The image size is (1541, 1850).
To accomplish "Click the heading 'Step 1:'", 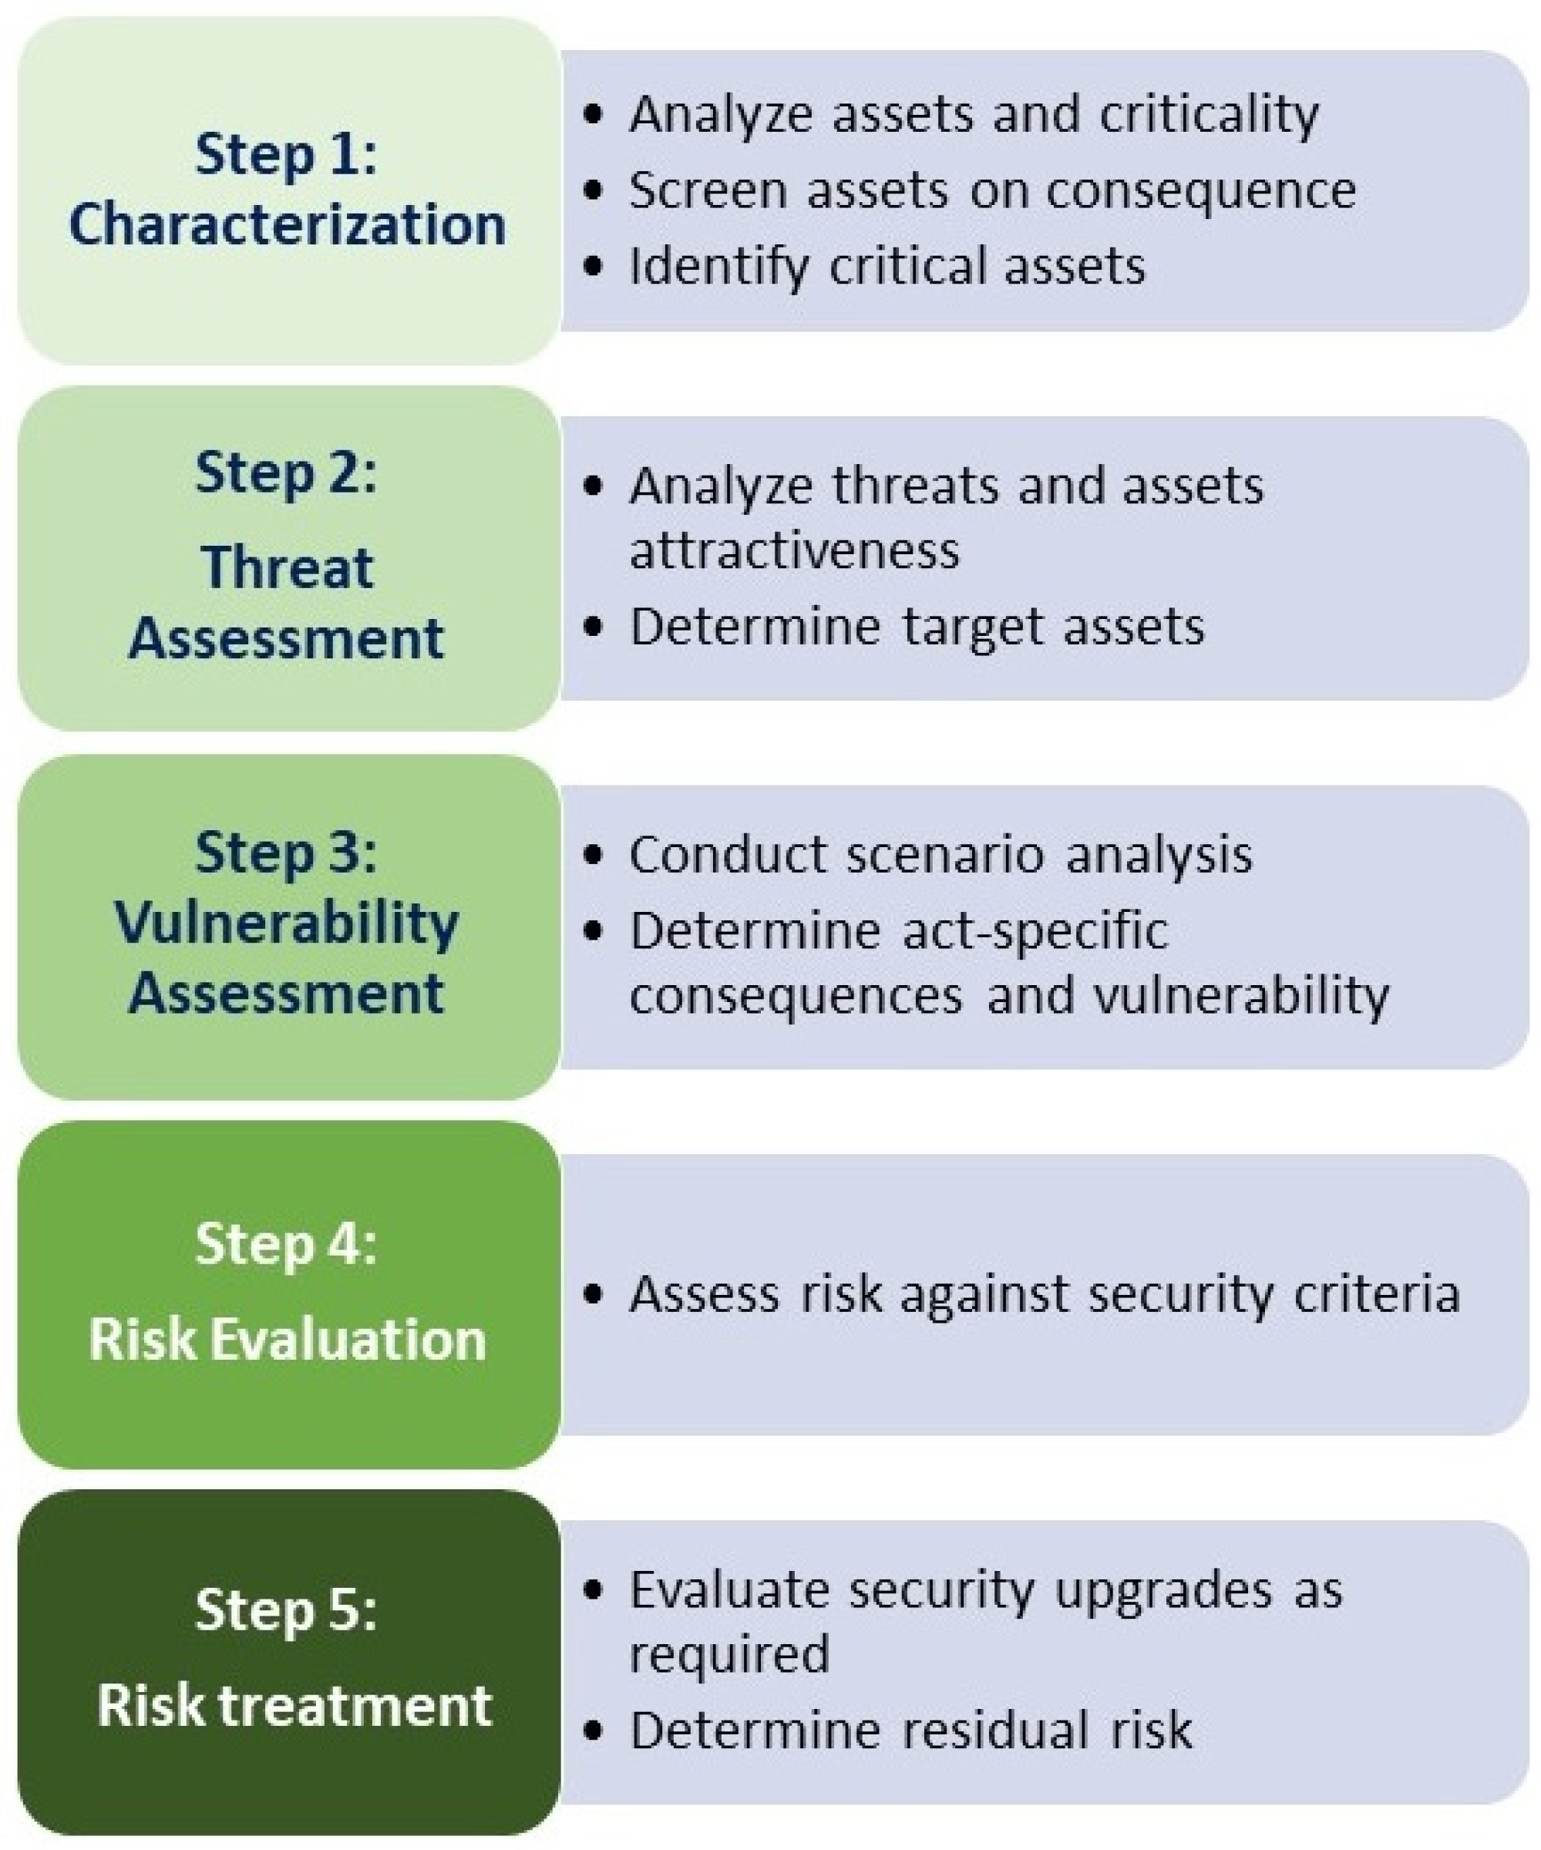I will [x=285, y=154].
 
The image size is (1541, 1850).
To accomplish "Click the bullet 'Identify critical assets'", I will [x=887, y=266].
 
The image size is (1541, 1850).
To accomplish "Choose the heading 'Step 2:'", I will [x=285, y=473].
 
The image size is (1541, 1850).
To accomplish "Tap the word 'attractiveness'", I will [x=794, y=551].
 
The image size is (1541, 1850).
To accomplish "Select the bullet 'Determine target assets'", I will [x=917, y=627].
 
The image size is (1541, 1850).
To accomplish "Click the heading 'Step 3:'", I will [x=285, y=853].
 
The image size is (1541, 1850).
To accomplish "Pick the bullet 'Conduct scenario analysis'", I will [x=940, y=855].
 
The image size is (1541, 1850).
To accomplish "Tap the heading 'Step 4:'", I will [x=285, y=1244].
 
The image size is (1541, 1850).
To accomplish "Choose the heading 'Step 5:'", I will [x=285, y=1610].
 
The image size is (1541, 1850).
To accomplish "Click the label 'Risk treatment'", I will [x=294, y=1706].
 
